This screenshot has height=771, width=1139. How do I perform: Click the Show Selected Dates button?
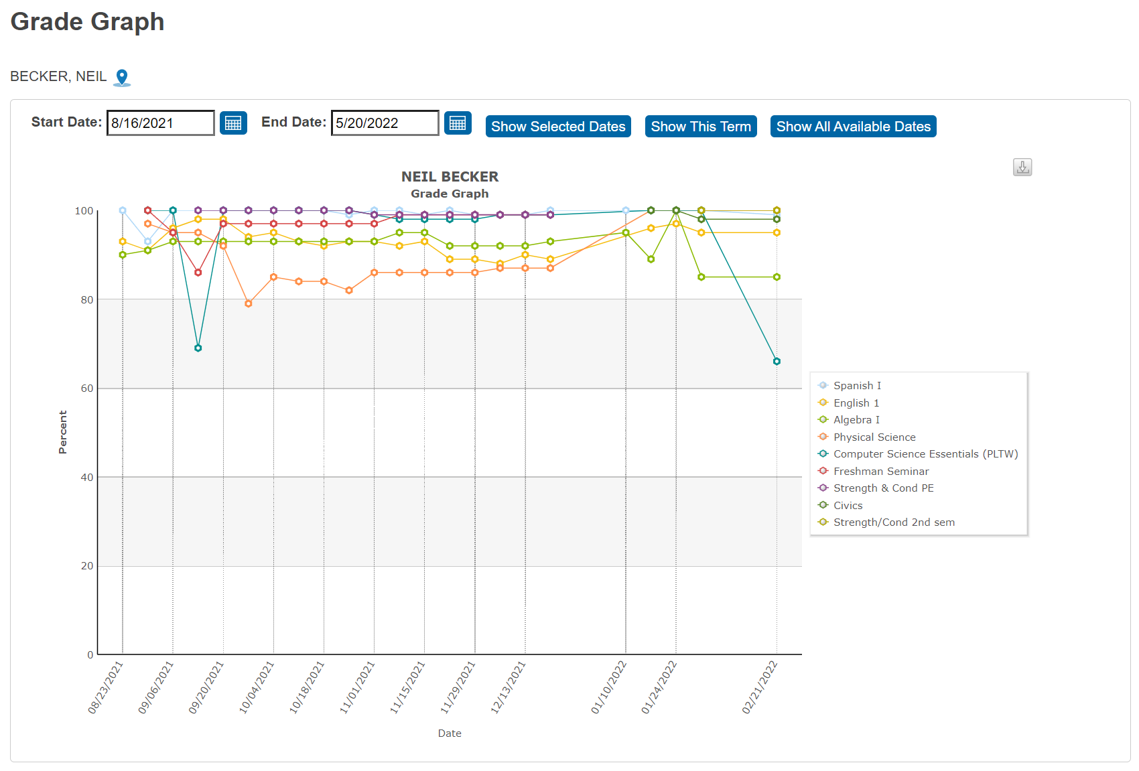pos(557,127)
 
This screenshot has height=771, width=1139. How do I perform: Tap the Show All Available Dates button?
pos(853,127)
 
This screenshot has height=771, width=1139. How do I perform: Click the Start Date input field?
pos(160,123)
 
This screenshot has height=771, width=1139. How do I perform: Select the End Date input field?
pos(385,123)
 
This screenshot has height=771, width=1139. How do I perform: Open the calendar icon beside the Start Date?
pos(233,123)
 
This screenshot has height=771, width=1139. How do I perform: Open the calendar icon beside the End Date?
pos(458,123)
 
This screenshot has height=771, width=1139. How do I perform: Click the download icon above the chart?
pos(1022,167)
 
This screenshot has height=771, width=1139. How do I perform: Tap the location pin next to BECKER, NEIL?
pos(122,78)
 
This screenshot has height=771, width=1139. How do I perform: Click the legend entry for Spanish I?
pos(857,386)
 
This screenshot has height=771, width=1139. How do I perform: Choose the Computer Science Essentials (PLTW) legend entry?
pos(925,454)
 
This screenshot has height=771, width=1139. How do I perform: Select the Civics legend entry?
pos(848,506)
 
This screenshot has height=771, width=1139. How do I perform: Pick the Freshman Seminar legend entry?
pos(880,472)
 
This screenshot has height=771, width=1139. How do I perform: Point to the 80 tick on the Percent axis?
pos(87,300)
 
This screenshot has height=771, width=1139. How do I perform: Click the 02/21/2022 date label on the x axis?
pos(760,687)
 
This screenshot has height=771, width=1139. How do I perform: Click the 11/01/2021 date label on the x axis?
pos(358,687)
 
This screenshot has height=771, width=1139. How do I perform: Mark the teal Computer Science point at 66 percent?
pos(777,362)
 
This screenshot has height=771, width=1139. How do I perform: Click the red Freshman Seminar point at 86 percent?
pos(198,273)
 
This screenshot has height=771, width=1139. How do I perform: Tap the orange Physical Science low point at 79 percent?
pos(249,304)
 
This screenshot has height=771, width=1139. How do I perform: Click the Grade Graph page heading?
pos(87,22)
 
